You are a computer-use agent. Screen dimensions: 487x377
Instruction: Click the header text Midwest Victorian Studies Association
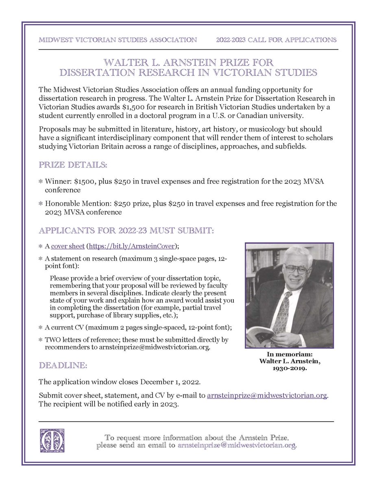pos(118,40)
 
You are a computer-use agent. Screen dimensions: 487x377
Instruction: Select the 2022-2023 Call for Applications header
pos(276,40)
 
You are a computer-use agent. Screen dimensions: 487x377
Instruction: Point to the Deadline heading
pos(63,366)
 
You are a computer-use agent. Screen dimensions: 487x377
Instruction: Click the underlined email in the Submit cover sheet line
pos(267,395)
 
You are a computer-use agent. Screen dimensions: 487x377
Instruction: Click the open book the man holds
pos(264,331)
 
